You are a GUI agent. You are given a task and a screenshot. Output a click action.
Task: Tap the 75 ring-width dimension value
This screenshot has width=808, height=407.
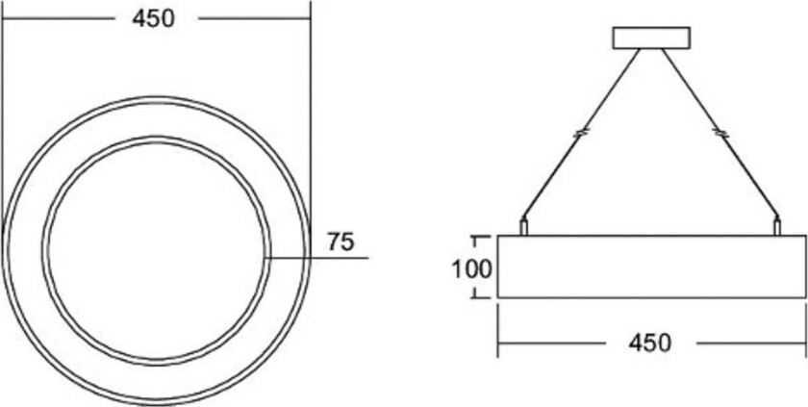(x=341, y=242)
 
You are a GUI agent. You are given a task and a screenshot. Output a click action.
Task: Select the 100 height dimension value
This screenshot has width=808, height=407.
(x=471, y=267)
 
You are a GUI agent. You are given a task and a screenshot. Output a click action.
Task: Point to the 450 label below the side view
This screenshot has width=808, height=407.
(x=651, y=343)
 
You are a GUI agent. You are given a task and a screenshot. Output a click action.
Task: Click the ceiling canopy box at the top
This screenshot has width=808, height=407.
(x=651, y=37)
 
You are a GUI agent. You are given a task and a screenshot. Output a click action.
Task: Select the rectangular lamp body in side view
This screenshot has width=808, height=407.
(x=651, y=267)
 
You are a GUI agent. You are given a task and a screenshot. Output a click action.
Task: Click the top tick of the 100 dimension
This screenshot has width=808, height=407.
(x=476, y=236)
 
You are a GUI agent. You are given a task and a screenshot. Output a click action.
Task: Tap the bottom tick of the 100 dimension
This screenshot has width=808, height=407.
(x=476, y=297)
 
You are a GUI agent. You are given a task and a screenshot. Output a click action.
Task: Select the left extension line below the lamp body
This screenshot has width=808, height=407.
(x=497, y=327)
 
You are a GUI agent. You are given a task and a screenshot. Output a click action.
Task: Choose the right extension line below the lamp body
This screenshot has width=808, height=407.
(x=805, y=327)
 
